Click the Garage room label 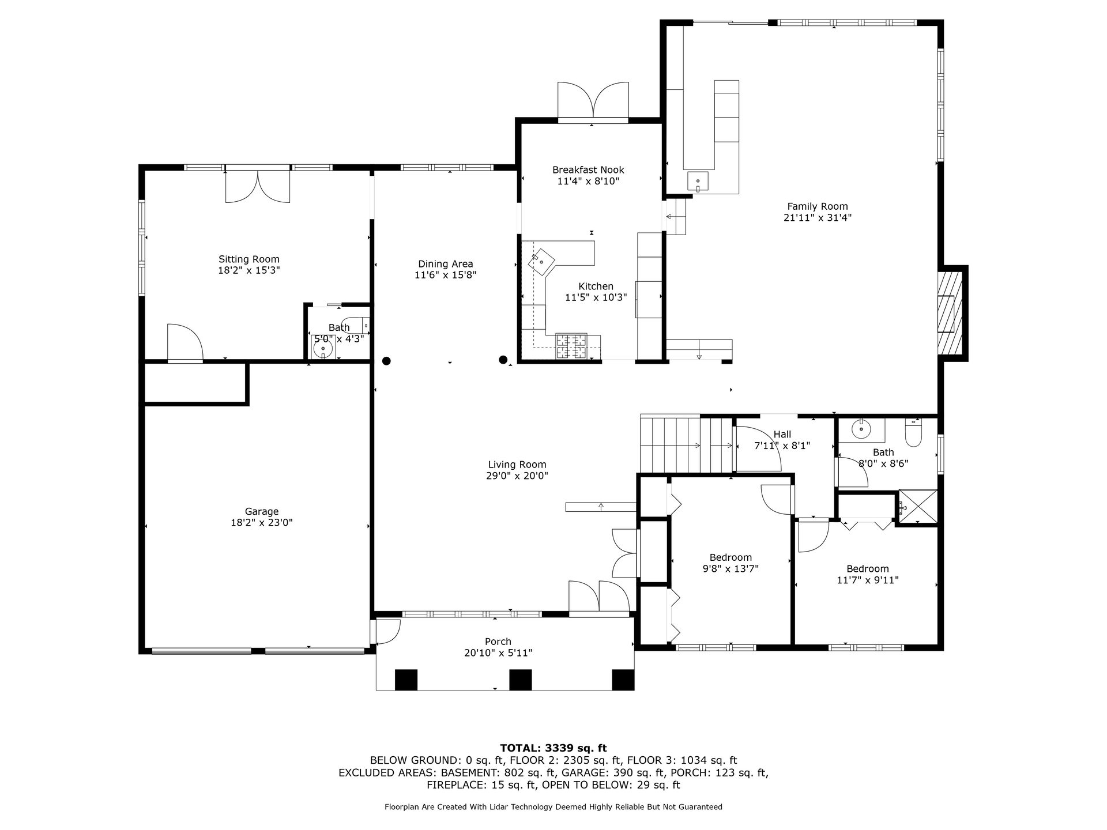pyautogui.click(x=262, y=511)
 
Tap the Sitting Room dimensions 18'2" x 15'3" pyautogui.click(x=249, y=270)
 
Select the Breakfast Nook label pyautogui.click(x=588, y=170)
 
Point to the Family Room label pyautogui.click(x=818, y=206)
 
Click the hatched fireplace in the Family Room pyautogui.click(x=950, y=313)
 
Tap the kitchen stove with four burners pyautogui.click(x=571, y=346)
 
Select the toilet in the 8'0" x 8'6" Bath pyautogui.click(x=914, y=432)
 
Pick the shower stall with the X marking pyautogui.click(x=918, y=507)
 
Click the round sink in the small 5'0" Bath pyautogui.click(x=323, y=349)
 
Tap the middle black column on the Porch pyautogui.click(x=521, y=680)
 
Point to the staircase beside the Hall pyautogui.click(x=687, y=444)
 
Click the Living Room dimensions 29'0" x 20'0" pyautogui.click(x=517, y=476)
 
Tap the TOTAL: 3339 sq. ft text pyautogui.click(x=553, y=748)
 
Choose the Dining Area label pyautogui.click(x=446, y=264)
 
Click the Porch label pyautogui.click(x=498, y=642)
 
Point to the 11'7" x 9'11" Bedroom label pyautogui.click(x=868, y=575)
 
